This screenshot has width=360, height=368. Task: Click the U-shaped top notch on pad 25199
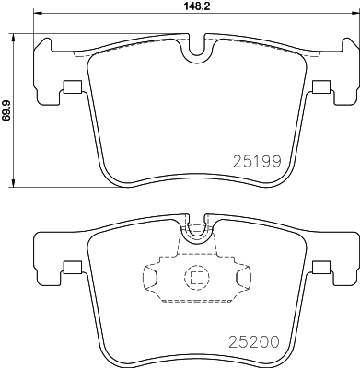coord(194,52)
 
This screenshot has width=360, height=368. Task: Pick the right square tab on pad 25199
coord(320,88)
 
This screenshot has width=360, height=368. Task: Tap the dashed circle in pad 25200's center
coord(195,277)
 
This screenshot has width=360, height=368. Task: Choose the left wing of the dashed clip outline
coord(150,277)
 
